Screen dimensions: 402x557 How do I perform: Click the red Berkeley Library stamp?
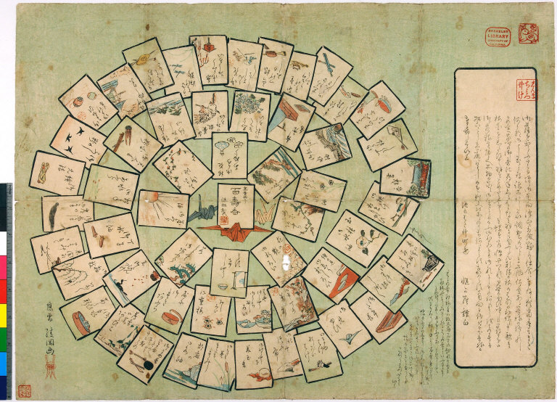click(x=498, y=36)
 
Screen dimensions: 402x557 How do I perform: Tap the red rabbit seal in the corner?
click(x=527, y=33)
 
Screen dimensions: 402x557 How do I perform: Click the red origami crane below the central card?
click(x=234, y=231)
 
